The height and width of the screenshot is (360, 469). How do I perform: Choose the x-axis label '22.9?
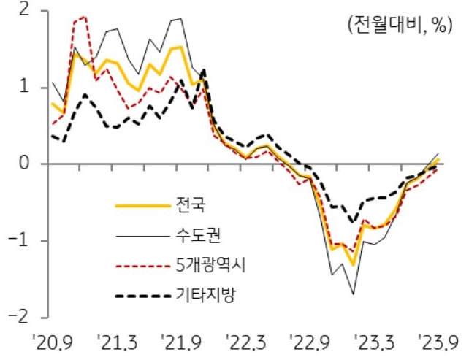click(311, 342)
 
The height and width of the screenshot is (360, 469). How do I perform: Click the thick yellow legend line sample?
click(141, 204)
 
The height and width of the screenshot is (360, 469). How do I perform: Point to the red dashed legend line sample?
click(141, 266)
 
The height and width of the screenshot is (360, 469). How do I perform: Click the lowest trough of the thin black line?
click(354, 294)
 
